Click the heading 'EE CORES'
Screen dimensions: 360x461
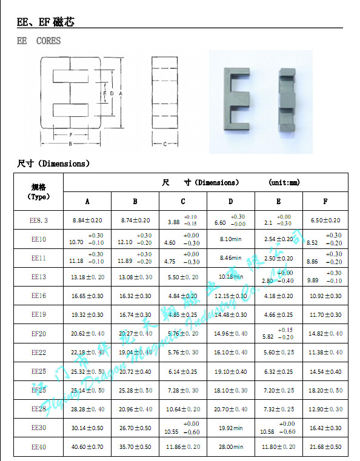coord(39,41)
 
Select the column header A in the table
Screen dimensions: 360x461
coord(87,202)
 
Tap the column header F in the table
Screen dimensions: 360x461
coord(325,202)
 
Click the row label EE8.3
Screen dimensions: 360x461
coord(39,221)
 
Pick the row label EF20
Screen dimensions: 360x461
coord(39,334)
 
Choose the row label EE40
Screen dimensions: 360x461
coord(39,447)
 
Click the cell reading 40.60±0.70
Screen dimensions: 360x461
coord(87,447)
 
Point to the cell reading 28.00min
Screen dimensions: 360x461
coord(230,447)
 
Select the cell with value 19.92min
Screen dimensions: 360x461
coord(230,428)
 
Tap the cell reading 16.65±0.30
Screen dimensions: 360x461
coord(87,296)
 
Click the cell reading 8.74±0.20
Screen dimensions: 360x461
coord(135,221)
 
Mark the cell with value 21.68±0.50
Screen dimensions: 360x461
coord(325,447)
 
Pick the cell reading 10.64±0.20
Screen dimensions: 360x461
coord(182,410)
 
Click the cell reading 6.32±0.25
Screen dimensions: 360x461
coord(278,371)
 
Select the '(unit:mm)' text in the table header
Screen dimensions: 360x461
coord(284,182)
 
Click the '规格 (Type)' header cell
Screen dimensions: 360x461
coord(39,191)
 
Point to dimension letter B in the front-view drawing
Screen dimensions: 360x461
coord(71,144)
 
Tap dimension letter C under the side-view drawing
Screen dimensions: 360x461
coord(165,144)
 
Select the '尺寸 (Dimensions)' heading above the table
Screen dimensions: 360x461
coord(53,164)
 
